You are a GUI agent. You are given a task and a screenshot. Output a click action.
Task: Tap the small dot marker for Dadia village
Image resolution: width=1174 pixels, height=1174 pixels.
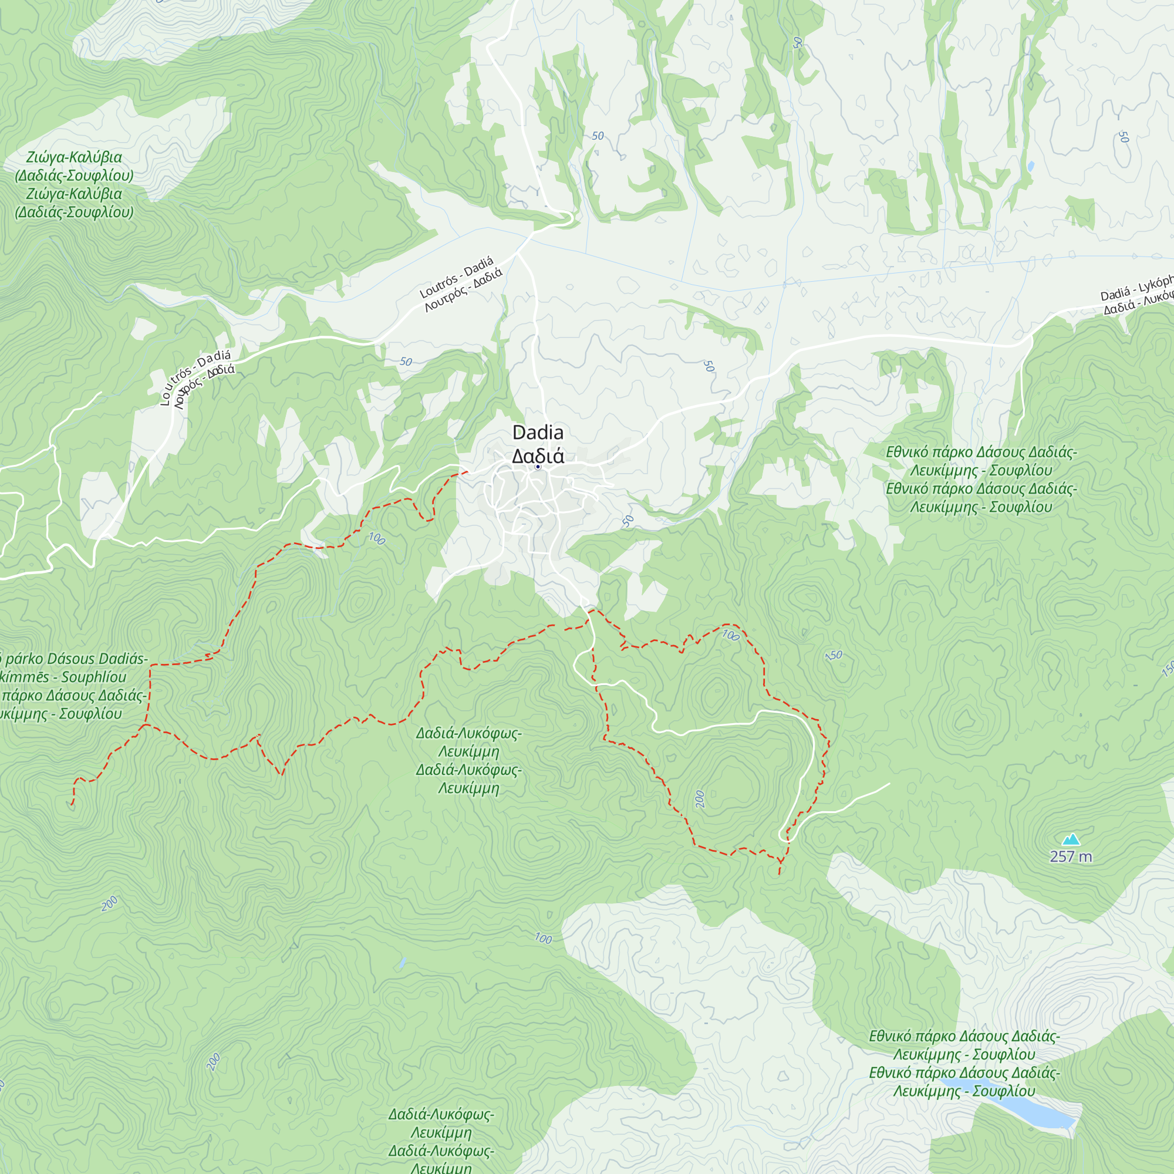pyautogui.click(x=538, y=467)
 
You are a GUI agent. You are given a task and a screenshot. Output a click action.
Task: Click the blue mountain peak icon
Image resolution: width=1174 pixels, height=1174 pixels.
pyautogui.click(x=1071, y=840)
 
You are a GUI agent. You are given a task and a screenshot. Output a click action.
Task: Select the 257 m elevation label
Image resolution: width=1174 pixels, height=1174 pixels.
pyautogui.click(x=1071, y=857)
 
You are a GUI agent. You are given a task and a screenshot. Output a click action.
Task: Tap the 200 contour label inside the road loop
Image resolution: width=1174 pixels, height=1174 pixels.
pyautogui.click(x=700, y=799)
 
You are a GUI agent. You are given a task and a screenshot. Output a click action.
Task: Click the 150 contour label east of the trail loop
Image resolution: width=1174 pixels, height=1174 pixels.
pyautogui.click(x=834, y=656)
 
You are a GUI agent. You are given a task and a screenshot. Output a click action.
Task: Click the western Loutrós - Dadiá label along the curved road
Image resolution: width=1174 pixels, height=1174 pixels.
pyautogui.click(x=196, y=377)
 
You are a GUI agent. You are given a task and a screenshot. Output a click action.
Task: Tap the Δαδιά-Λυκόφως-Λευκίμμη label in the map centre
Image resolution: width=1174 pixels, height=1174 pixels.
pyautogui.click(x=468, y=761)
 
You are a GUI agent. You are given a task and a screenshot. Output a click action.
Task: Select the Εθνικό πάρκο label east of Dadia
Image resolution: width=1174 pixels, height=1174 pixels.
pyautogui.click(x=981, y=480)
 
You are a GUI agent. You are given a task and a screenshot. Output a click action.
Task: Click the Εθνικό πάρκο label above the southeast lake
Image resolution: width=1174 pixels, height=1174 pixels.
pyautogui.click(x=964, y=1064)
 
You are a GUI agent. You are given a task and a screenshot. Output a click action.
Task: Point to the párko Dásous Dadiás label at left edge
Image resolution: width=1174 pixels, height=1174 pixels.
pyautogui.click(x=73, y=686)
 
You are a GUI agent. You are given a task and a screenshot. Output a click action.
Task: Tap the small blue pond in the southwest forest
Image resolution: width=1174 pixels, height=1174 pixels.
pyautogui.click(x=402, y=963)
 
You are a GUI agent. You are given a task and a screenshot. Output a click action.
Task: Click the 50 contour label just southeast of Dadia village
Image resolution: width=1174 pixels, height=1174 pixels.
pyautogui.click(x=628, y=521)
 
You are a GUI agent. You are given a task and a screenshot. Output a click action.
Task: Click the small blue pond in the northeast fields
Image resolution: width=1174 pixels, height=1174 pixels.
pyautogui.click(x=1030, y=166)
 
